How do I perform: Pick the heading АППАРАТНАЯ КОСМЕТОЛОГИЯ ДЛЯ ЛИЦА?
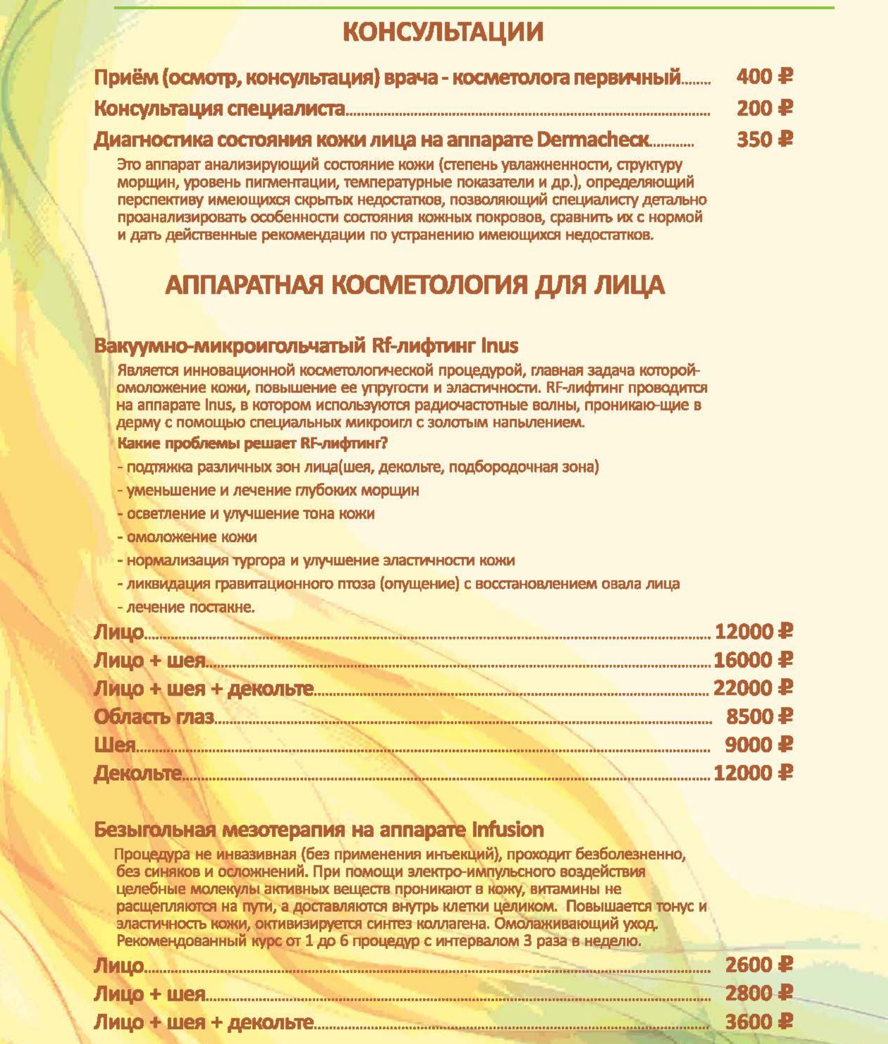415,285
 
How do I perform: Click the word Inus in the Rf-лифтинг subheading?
499,346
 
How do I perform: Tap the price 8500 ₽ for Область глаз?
759,716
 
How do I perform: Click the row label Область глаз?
154,716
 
